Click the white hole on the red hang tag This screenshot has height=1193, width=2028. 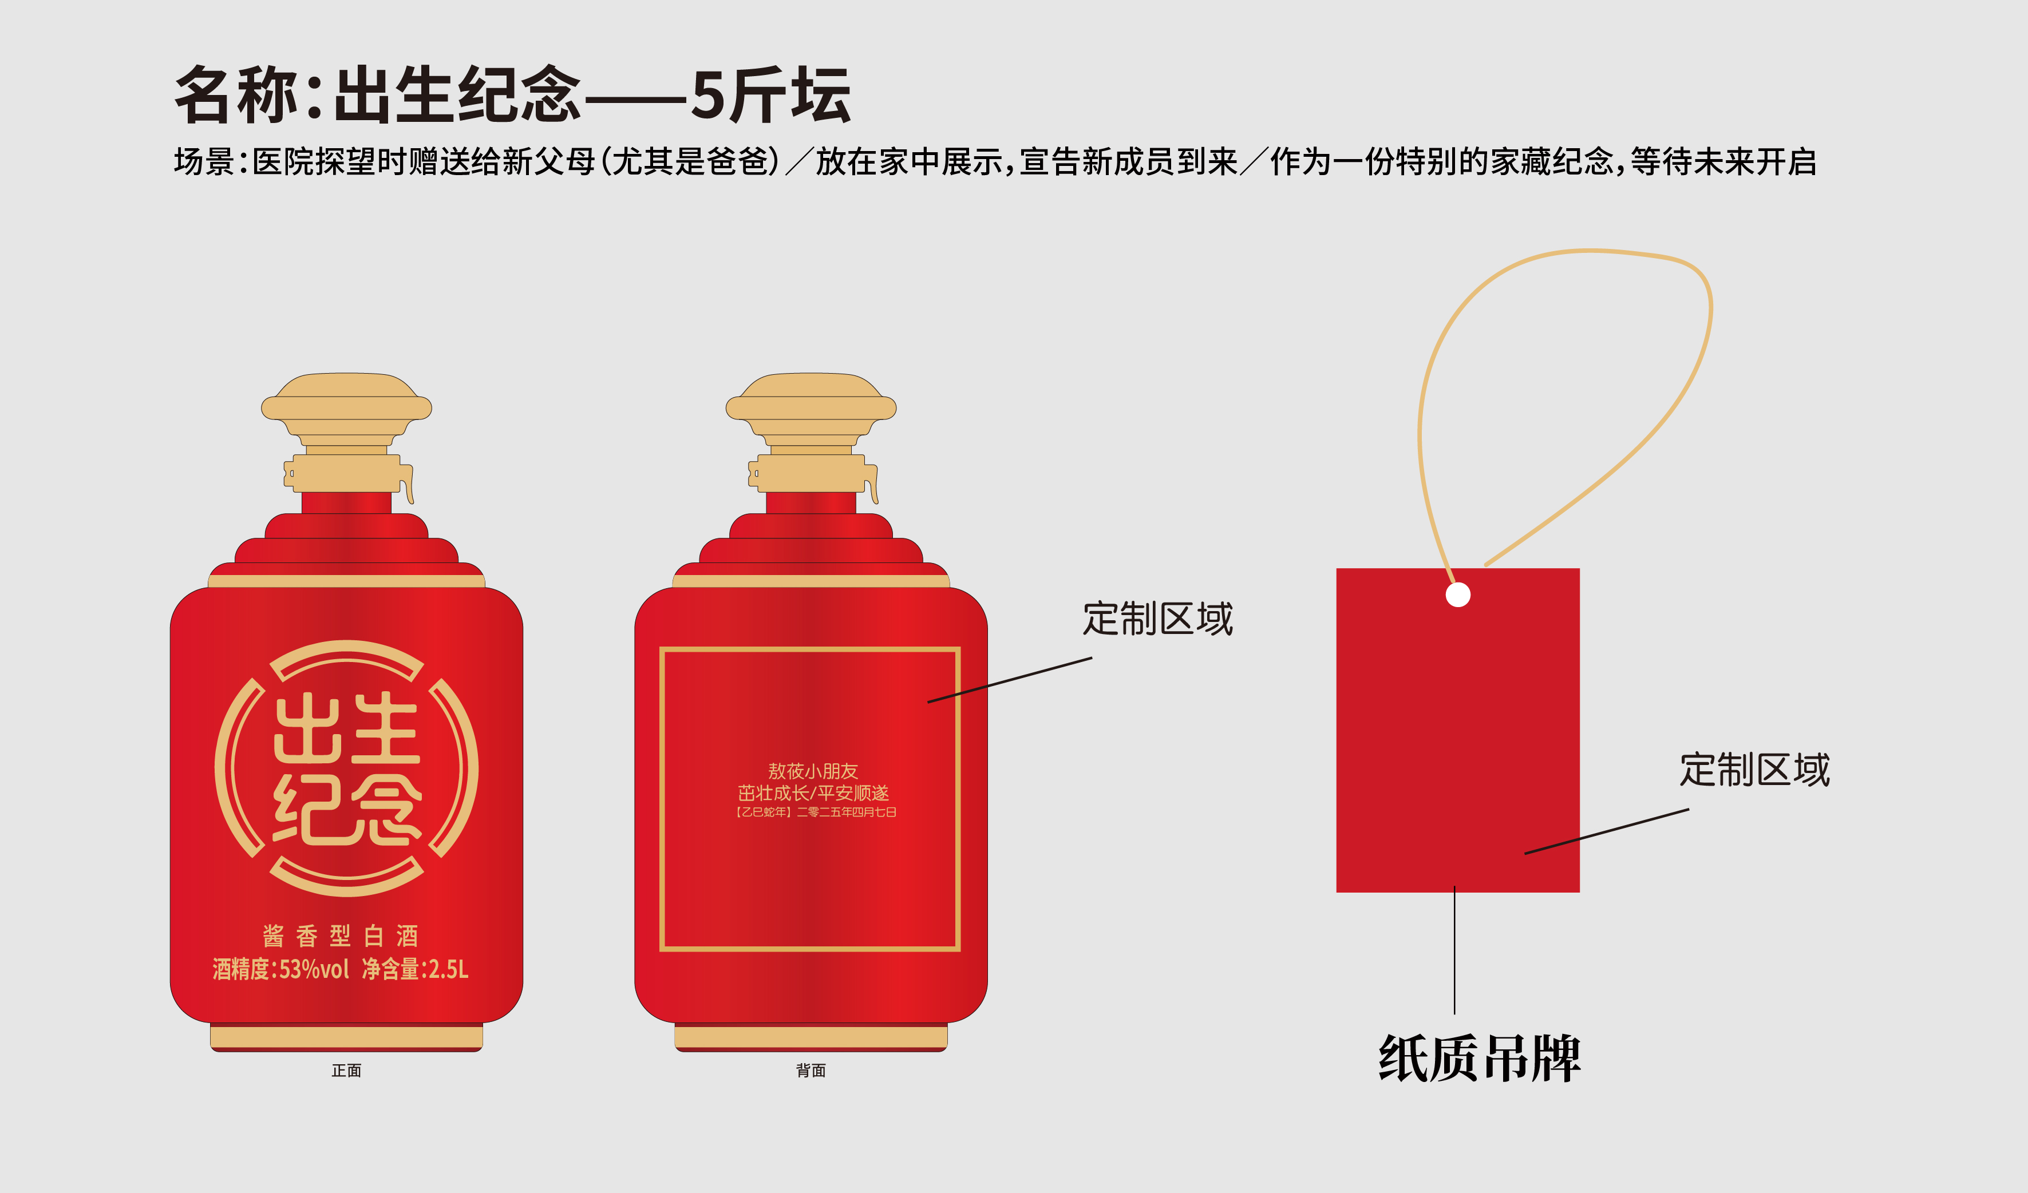(x=1457, y=594)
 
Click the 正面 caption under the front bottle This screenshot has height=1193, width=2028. (x=346, y=1071)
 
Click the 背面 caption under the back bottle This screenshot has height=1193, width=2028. (x=811, y=1071)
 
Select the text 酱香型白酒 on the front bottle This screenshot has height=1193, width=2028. (x=341, y=936)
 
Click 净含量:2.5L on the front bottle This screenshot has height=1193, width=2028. (x=415, y=969)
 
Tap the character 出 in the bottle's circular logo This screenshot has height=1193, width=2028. (x=307, y=728)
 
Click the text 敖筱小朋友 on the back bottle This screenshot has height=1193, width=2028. (x=813, y=771)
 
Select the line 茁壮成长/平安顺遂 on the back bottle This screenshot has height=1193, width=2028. (x=813, y=793)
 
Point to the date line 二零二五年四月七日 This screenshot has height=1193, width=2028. (x=846, y=812)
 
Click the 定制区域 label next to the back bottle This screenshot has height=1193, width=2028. (x=1157, y=619)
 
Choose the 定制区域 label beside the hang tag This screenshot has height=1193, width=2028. (x=1754, y=770)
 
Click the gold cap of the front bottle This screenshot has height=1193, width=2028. (x=347, y=432)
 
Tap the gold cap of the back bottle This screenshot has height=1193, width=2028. (x=811, y=432)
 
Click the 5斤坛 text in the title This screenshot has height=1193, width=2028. (x=770, y=95)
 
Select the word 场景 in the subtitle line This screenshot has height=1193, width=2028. (x=204, y=162)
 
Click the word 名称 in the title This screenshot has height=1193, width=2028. (x=236, y=95)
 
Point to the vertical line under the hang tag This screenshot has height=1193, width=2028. (x=1454, y=950)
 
